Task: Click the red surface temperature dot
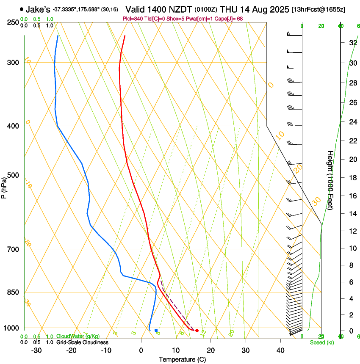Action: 197,330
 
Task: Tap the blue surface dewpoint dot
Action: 156,330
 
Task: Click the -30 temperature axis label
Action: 36,350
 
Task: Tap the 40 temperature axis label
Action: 280,350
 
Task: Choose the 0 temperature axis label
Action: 141,350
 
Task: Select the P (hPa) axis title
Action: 4,186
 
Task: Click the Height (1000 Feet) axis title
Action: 330,179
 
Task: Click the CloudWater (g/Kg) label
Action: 78,336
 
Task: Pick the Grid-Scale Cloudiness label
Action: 82,342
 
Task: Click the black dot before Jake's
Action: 21,9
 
